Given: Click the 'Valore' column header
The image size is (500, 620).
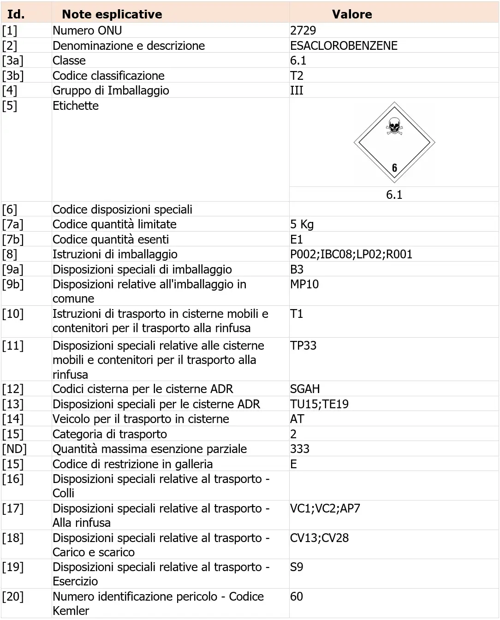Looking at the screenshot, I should pos(351,14).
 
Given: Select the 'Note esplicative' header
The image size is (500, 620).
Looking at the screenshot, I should pos(112,14).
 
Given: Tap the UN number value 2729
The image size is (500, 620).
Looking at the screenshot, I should pos(303,30).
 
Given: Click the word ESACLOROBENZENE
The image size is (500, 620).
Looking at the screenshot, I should pos(344,46).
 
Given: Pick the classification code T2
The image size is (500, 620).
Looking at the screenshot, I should pos(297,76).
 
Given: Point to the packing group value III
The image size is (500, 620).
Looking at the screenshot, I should pos(297,90).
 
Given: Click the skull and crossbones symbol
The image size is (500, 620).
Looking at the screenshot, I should pos(394,126).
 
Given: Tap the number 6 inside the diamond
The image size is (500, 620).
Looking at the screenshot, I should pos(394,167).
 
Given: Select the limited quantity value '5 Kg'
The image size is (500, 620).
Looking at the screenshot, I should pos(302,225).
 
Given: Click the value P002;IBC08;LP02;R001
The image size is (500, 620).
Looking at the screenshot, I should pos(351,254).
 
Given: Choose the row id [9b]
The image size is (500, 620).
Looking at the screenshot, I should pos(13,284).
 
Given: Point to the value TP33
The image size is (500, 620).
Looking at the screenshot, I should pos(303,346).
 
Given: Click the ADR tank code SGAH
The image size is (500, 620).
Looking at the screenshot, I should pos(305,389).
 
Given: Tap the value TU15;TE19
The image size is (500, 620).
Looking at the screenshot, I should pos(319,404).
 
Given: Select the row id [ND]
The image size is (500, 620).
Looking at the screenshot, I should pos(14,449).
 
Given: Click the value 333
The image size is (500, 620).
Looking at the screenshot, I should pos(300,449).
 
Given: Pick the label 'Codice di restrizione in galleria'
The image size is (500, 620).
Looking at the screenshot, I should pos(132,464).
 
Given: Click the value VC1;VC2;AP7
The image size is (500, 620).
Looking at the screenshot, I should pos(325,508).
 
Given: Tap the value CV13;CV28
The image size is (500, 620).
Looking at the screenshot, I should pos(319,538).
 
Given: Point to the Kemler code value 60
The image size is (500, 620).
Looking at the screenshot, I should pos(297,596).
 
